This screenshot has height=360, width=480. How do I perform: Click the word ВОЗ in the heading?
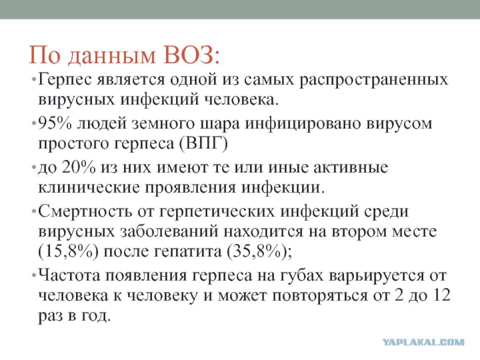coord(192,55)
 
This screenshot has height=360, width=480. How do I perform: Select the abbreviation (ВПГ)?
coord(203,143)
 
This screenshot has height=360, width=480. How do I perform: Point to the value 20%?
coord(79,167)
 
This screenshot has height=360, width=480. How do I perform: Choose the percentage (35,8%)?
coord(258,251)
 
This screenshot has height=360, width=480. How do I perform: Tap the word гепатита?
coord(188,252)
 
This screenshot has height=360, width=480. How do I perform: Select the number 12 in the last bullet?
coord(441,295)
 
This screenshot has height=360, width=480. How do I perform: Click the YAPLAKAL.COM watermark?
coord(424,342)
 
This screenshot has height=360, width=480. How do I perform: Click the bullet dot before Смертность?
coord(34,212)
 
